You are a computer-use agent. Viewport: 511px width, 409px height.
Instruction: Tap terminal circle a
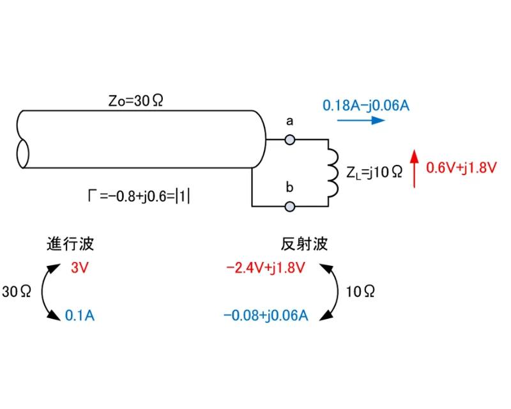pyautogui.click(x=290, y=139)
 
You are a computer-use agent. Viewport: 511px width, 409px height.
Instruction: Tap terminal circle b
pyautogui.click(x=290, y=206)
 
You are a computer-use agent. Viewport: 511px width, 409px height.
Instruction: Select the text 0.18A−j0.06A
pyautogui.click(x=365, y=104)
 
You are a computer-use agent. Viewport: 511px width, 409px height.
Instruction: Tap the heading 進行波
pyautogui.click(x=70, y=244)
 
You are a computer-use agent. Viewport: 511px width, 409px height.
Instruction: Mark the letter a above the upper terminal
pyautogui.click(x=290, y=121)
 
